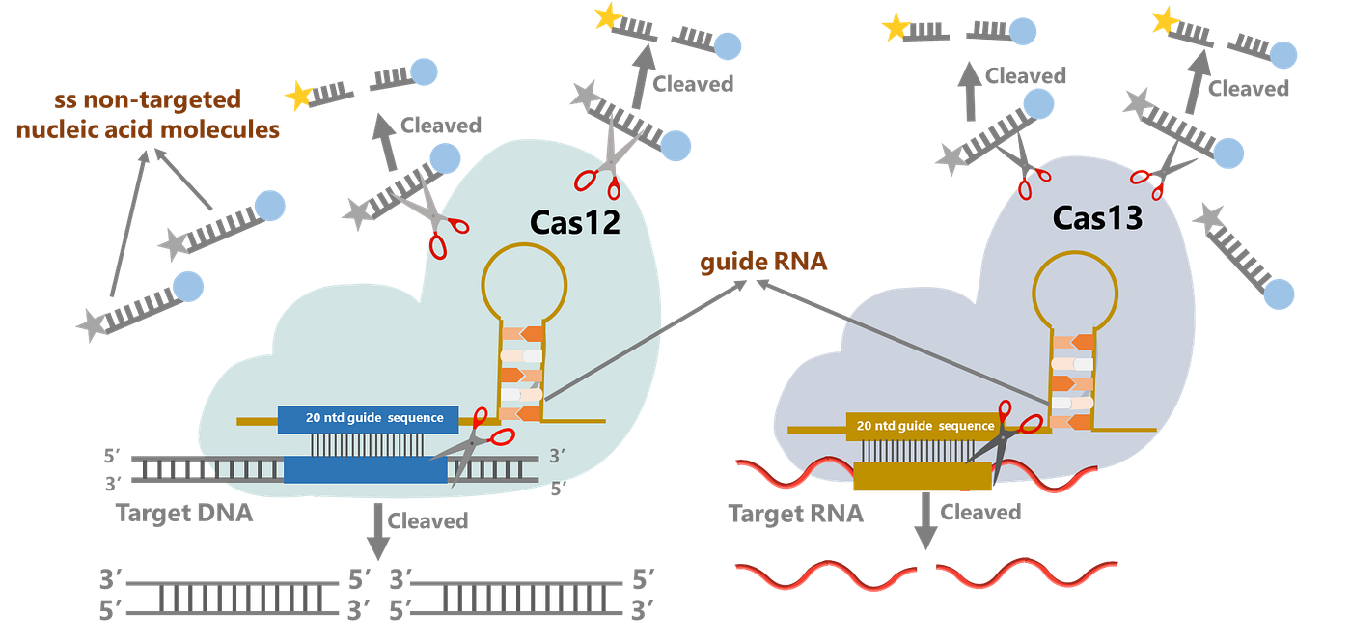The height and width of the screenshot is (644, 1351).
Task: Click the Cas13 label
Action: tap(1097, 218)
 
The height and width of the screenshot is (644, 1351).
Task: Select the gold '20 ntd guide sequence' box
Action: tap(924, 426)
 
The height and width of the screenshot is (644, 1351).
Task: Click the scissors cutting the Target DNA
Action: tap(478, 450)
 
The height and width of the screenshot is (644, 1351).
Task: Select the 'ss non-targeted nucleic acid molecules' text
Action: tap(147, 114)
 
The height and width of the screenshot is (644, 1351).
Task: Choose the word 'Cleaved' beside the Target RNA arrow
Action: tap(979, 512)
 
